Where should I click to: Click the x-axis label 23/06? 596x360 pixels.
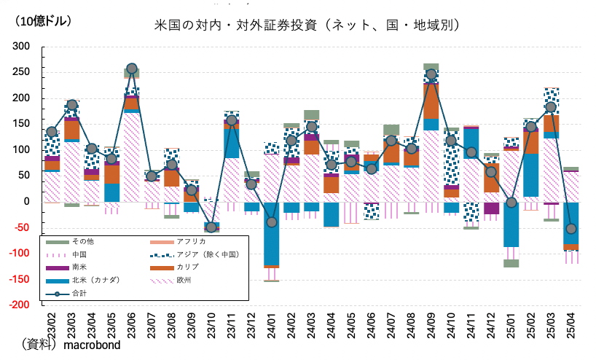click(132, 325)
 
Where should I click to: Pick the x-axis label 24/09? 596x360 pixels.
click(431, 325)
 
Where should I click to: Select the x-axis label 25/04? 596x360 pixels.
click(571, 325)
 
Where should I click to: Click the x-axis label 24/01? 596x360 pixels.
click(272, 325)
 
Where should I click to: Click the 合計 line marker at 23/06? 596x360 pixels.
click(132, 69)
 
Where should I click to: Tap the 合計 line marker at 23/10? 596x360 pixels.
click(211, 227)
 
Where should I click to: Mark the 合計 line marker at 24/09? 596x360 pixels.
click(431, 74)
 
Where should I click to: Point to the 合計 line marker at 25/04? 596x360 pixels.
click(571, 229)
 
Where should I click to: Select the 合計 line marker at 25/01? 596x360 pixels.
click(511, 203)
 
